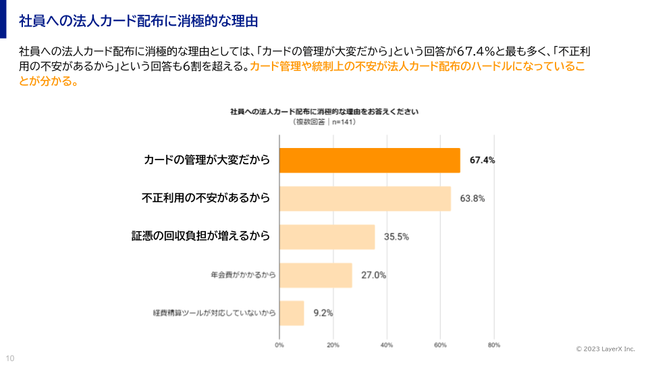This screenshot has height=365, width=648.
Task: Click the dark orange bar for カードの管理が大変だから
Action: tap(370, 160)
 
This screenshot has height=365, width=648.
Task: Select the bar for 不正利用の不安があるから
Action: tap(365, 199)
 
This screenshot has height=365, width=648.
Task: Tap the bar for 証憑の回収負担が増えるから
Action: tap(327, 237)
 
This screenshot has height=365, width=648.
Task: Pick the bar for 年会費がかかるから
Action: tap(316, 275)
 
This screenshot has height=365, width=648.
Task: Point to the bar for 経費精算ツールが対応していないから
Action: tap(292, 313)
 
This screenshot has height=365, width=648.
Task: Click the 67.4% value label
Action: tap(483, 160)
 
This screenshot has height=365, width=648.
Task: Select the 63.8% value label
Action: tap(473, 199)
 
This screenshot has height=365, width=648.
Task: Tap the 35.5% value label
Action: tap(396, 237)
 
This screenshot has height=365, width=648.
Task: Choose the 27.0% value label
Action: tap(374, 275)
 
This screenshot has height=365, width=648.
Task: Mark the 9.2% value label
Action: tap(323, 313)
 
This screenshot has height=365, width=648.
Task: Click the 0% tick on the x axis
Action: tap(279, 345)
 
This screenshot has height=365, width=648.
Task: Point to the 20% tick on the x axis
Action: tap(333, 345)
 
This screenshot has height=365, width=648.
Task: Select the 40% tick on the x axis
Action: tap(387, 345)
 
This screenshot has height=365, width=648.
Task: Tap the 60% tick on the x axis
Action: tap(440, 345)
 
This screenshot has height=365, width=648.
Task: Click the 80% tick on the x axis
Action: tap(493, 345)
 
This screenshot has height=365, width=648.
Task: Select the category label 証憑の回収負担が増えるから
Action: tap(200, 236)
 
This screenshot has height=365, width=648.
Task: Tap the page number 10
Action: tap(10, 358)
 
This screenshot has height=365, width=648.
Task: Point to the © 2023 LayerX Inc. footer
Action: tap(605, 349)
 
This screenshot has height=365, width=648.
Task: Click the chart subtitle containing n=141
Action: tap(324, 122)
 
